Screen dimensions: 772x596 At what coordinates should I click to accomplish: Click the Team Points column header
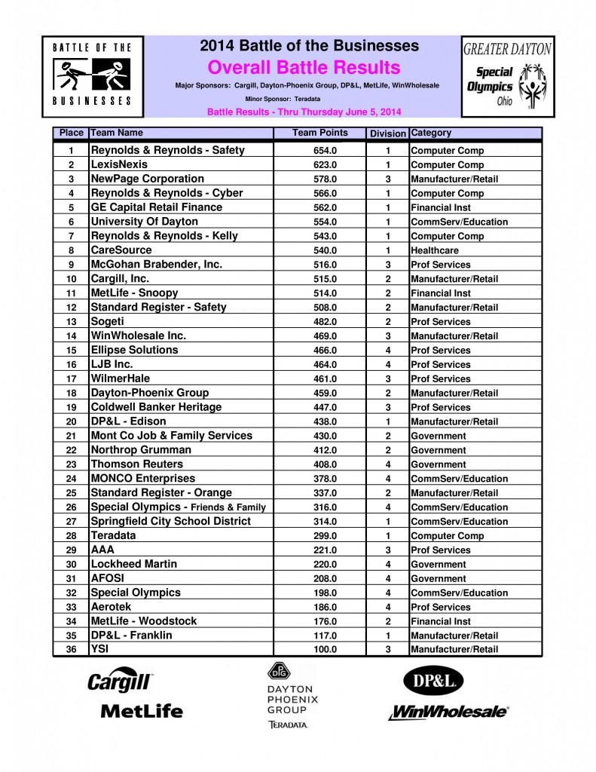pyautogui.click(x=320, y=133)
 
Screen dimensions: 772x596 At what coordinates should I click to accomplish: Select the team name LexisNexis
pyautogui.click(x=119, y=164)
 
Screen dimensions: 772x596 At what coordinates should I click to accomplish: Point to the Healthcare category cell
pyautogui.click(x=434, y=250)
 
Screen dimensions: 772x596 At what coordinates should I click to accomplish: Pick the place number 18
pyautogui.click(x=71, y=393)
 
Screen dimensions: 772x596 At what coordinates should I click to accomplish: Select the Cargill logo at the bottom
pyautogui.click(x=121, y=682)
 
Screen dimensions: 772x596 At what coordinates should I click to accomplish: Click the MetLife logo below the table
pyautogui.click(x=142, y=710)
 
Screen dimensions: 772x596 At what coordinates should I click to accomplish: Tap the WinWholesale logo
pyautogui.click(x=449, y=711)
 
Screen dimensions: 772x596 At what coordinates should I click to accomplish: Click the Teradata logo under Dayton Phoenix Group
pyautogui.click(x=287, y=725)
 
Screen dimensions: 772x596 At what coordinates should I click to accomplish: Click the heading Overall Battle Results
pyautogui.click(x=304, y=67)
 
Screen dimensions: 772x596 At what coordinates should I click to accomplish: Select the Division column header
pyautogui.click(x=387, y=134)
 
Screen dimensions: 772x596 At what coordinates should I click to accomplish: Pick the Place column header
pyautogui.click(x=71, y=133)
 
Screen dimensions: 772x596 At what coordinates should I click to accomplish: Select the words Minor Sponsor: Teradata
pyautogui.click(x=273, y=98)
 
